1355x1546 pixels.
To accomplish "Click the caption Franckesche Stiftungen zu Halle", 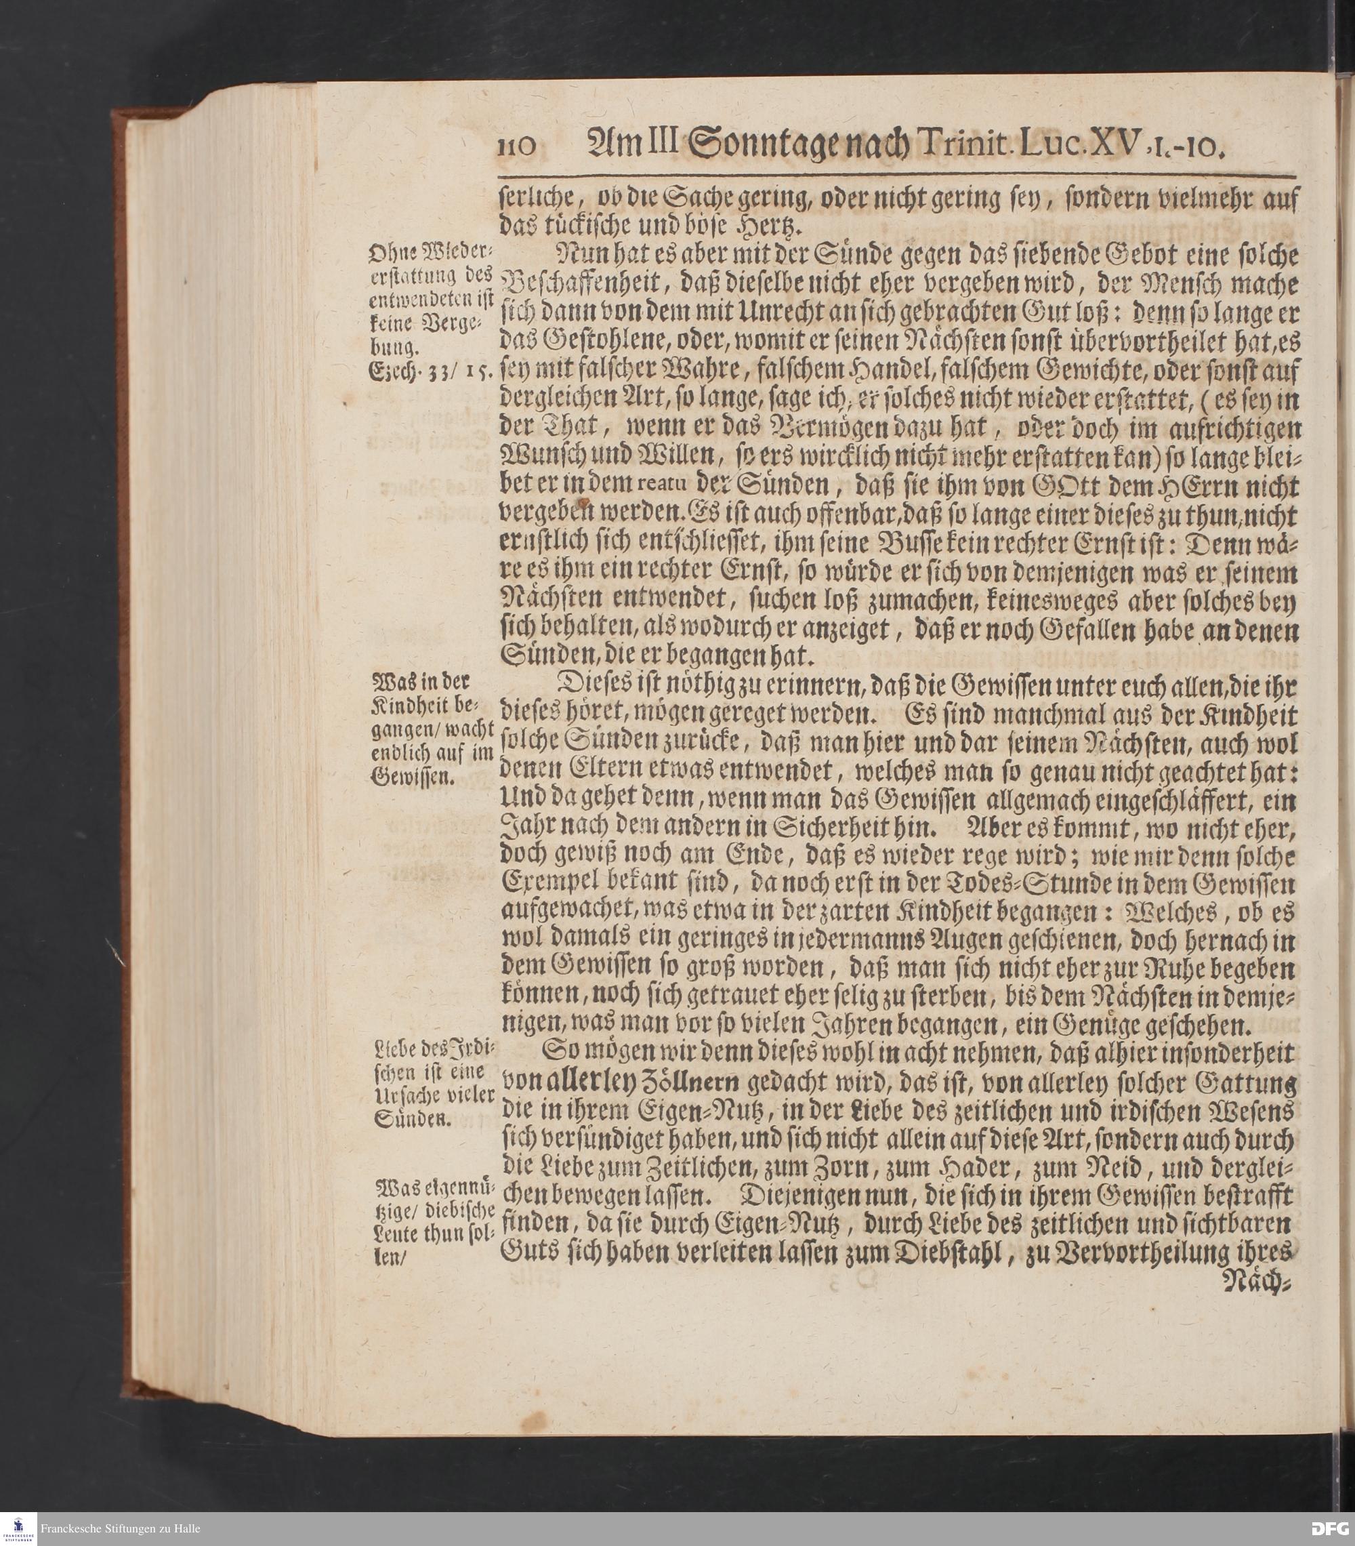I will click(x=121, y=1528).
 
